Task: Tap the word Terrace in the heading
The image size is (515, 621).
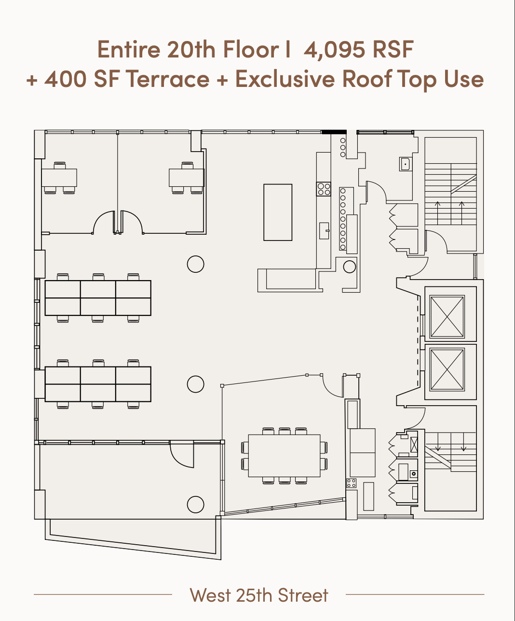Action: tap(169, 79)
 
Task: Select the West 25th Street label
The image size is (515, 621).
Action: tap(259, 595)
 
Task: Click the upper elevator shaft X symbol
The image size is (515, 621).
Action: tap(447, 316)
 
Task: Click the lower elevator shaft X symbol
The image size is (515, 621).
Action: tap(447, 370)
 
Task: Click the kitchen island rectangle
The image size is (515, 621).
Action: tap(278, 212)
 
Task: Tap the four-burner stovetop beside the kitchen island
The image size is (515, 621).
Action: tap(324, 189)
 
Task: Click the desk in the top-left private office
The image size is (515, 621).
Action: tap(59, 178)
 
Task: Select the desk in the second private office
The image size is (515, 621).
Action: tap(187, 178)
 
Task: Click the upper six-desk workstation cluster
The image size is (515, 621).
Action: tap(98, 298)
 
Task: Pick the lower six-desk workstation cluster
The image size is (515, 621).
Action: tap(98, 384)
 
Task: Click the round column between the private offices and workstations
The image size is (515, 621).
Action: tap(195, 264)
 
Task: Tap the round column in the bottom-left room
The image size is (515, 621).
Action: tap(195, 505)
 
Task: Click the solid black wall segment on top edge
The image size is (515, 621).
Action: tap(334, 132)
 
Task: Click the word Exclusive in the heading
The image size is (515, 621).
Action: tap(285, 79)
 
